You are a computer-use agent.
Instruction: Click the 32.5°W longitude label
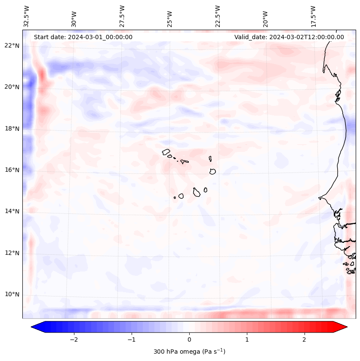27,16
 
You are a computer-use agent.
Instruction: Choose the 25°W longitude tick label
170,19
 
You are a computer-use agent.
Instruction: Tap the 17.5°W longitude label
313,16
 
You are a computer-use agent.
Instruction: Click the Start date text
83,37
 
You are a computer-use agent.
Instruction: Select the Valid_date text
289,37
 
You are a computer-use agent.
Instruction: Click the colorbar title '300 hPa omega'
189,352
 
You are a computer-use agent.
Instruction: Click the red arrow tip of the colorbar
344,327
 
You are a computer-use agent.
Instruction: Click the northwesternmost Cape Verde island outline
166,152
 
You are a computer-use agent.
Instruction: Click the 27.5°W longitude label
122,16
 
